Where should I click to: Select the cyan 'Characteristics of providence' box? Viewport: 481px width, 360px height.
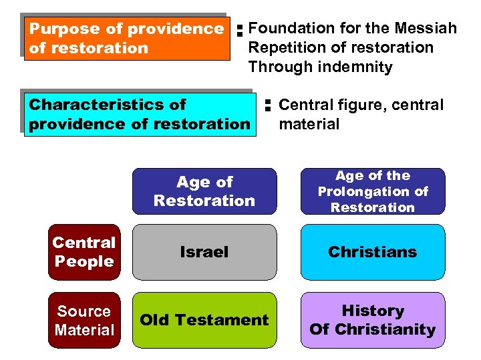pyautogui.click(x=139, y=114)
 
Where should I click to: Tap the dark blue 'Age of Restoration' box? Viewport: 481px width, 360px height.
pyautogui.click(x=204, y=191)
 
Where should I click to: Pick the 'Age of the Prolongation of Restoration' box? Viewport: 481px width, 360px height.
pyautogui.click(x=373, y=191)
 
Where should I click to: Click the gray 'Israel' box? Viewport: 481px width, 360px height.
pyautogui.click(x=204, y=252)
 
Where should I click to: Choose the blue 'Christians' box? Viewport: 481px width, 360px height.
pyautogui.click(x=373, y=252)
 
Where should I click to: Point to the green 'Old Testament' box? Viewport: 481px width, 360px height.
pyautogui.click(x=204, y=320)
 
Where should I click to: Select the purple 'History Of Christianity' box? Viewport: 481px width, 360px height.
pyautogui.click(x=373, y=320)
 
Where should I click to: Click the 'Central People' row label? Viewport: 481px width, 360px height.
pyautogui.click(x=84, y=252)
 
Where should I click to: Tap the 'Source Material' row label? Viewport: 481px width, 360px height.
pyautogui.click(x=84, y=321)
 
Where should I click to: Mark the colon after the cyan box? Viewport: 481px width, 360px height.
pyautogui.click(x=266, y=105)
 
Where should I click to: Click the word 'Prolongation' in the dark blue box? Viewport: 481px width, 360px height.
pyautogui.click(x=373, y=192)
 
